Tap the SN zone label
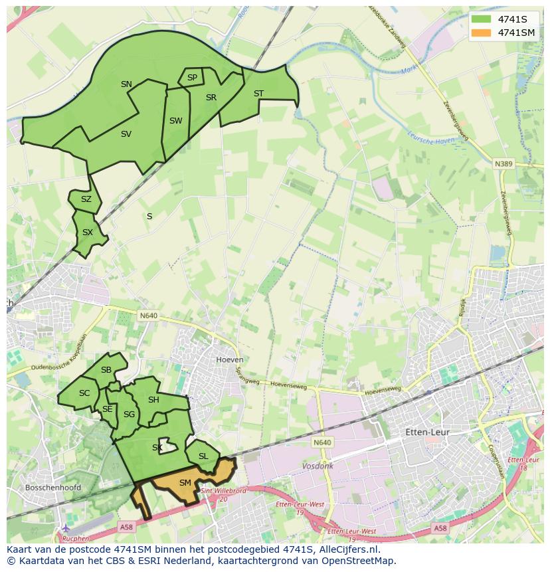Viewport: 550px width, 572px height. (126, 84)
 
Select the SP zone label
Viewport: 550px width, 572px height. (192, 78)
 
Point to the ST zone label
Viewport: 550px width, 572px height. (258, 94)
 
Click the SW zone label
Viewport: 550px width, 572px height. (175, 121)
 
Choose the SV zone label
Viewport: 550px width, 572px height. (126, 134)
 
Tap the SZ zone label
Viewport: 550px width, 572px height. (86, 199)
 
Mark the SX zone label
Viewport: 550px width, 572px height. (88, 233)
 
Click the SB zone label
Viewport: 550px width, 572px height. (106, 370)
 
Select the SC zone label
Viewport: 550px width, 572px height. (84, 393)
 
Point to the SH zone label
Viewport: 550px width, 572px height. (153, 400)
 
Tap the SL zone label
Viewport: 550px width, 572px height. (203, 456)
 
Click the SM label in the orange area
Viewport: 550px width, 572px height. (185, 483)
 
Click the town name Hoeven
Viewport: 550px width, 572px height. (225, 359)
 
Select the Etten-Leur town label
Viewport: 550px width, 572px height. (427, 432)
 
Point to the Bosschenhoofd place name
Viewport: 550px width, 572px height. (52, 487)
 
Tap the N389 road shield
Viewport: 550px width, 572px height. (504, 163)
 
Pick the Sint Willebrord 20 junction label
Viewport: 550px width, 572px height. (223, 494)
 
